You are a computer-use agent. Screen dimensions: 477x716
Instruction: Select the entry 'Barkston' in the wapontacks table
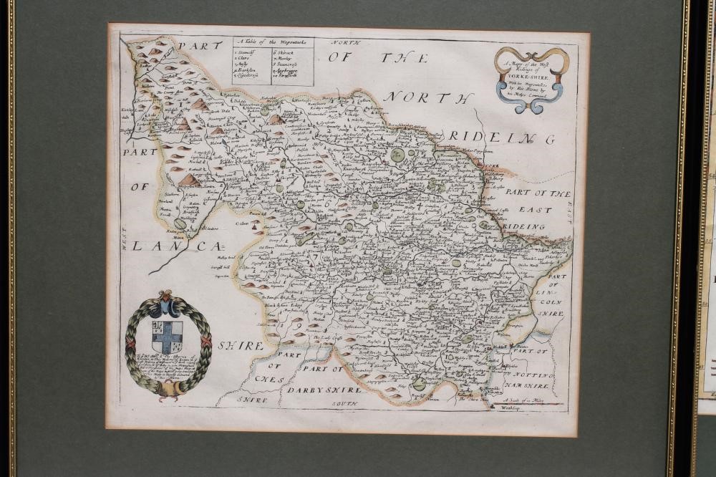(x=248, y=71)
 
